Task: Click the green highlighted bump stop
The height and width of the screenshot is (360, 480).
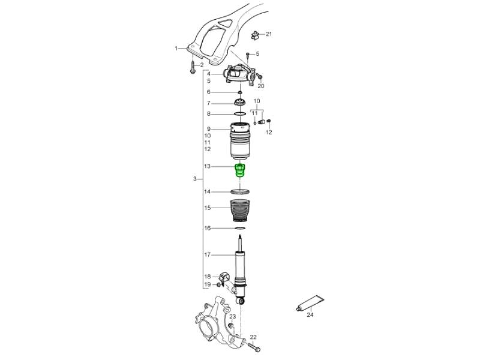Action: pyautogui.click(x=240, y=171)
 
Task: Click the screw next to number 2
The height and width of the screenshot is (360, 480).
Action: pyautogui.click(x=193, y=67)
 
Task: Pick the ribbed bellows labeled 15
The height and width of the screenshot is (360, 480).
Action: pyautogui.click(x=240, y=211)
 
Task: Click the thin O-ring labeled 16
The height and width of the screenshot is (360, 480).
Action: pyautogui.click(x=240, y=229)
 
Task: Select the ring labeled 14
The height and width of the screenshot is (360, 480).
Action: pyautogui.click(x=240, y=192)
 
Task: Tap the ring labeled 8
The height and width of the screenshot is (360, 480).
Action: pyautogui.click(x=240, y=114)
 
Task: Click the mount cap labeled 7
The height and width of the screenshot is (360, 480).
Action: pyautogui.click(x=240, y=103)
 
